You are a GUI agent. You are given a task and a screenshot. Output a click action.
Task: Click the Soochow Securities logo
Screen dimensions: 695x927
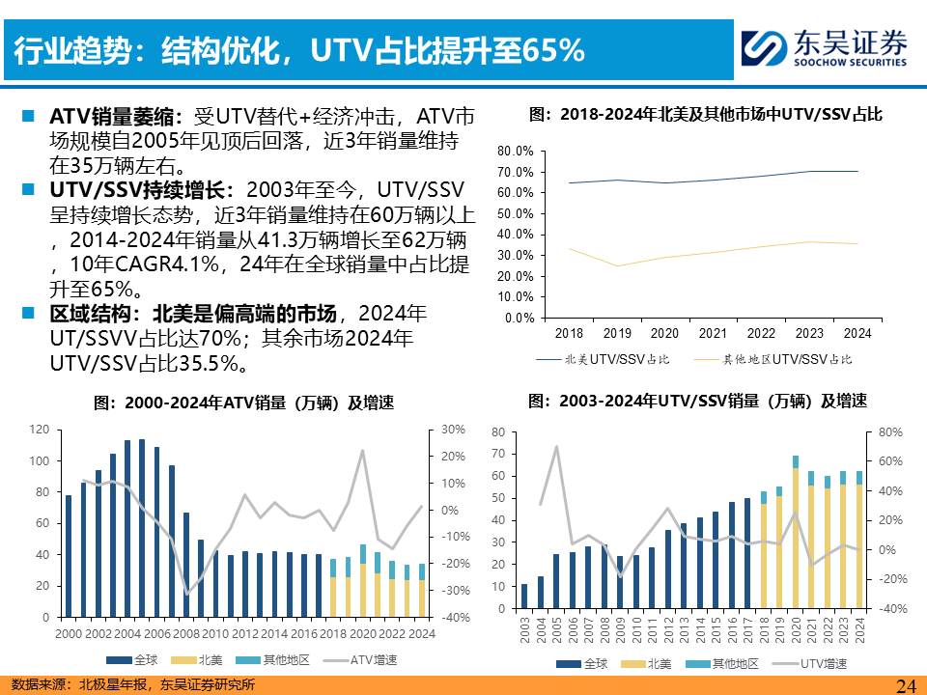824,46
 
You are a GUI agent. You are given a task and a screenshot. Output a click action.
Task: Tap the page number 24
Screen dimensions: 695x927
905,684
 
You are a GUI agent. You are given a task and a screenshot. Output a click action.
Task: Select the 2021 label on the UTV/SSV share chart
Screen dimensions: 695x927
713,333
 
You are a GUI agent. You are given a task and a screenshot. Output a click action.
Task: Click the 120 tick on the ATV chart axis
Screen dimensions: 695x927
39,430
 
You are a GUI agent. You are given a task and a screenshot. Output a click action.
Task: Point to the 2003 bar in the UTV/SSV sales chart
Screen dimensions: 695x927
524,598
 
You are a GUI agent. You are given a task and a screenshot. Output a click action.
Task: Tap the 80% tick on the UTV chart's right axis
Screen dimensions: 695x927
889,432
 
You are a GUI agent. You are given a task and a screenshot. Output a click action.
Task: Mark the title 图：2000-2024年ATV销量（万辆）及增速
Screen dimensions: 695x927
243,403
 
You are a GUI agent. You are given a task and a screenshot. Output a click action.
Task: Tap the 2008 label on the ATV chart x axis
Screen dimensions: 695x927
186,633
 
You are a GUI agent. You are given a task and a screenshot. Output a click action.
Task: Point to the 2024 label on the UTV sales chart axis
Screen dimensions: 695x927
859,631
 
